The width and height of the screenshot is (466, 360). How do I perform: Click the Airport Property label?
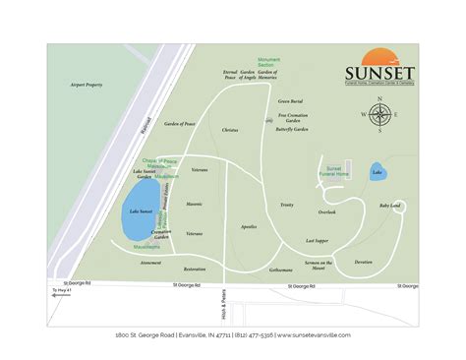coord(87,86)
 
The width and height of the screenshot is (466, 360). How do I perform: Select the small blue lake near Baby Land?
coord(378,173)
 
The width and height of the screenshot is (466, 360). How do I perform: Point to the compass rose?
coord(379,117)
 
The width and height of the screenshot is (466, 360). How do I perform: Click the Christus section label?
coord(230,130)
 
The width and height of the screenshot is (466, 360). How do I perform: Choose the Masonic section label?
coord(194,204)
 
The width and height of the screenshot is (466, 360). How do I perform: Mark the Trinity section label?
coord(286,205)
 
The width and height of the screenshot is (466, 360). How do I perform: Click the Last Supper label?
coord(317,240)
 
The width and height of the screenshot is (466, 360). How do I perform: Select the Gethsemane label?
coord(280,270)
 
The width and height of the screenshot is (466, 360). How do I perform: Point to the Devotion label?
coord(364,262)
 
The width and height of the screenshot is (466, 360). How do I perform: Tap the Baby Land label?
coord(389,206)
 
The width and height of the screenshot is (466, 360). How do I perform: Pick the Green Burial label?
coord(289,100)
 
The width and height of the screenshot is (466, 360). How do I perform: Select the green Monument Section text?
coord(269,63)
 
